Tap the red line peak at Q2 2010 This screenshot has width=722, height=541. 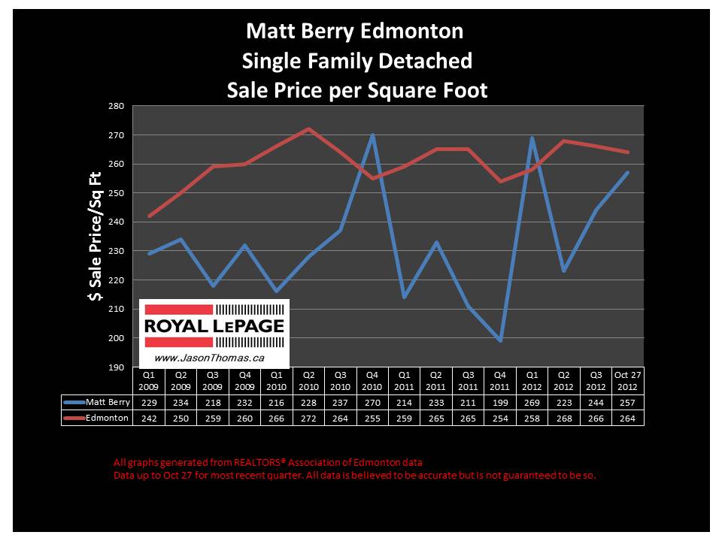pyautogui.click(x=309, y=128)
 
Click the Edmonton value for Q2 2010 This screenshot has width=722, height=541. pyautogui.click(x=309, y=419)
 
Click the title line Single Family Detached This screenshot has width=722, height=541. pyautogui.click(x=357, y=61)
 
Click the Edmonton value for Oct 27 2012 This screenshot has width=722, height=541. pyautogui.click(x=629, y=419)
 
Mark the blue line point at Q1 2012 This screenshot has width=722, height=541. pyautogui.click(x=532, y=138)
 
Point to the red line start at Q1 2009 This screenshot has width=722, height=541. pyautogui.click(x=149, y=216)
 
